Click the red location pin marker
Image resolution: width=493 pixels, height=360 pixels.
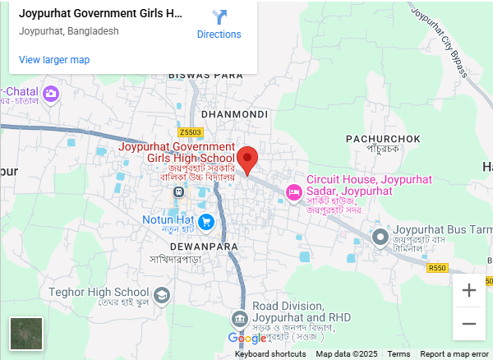[x=247, y=158]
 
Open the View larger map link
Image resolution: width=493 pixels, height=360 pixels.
[x=54, y=60]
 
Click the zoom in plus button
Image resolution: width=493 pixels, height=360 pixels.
[x=469, y=290]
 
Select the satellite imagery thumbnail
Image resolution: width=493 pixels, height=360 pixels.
[x=25, y=335]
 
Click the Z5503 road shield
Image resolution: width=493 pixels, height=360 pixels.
[x=190, y=132]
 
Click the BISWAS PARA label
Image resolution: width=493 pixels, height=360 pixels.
[x=205, y=75]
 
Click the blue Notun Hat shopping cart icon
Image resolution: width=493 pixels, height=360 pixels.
[x=205, y=220]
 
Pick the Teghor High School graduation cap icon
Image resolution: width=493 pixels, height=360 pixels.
[x=163, y=293]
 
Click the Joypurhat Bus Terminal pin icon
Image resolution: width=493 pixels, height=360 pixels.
[x=380, y=238]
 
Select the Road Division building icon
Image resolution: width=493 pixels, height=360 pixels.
[x=239, y=318]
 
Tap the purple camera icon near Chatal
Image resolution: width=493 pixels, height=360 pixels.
[x=51, y=93]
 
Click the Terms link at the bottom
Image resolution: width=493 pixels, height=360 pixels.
[x=399, y=354]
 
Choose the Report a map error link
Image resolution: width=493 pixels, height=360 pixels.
[x=454, y=354]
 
